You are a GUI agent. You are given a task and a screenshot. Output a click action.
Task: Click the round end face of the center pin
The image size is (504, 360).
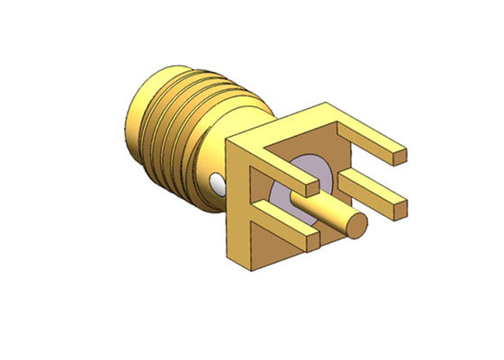(x=357, y=224)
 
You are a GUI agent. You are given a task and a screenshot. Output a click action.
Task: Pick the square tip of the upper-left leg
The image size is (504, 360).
(x=310, y=190)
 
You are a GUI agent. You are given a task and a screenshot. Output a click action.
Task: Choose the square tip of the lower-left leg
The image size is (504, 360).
(x=310, y=240)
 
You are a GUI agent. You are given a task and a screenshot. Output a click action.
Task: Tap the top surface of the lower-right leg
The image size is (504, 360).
(x=369, y=189)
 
